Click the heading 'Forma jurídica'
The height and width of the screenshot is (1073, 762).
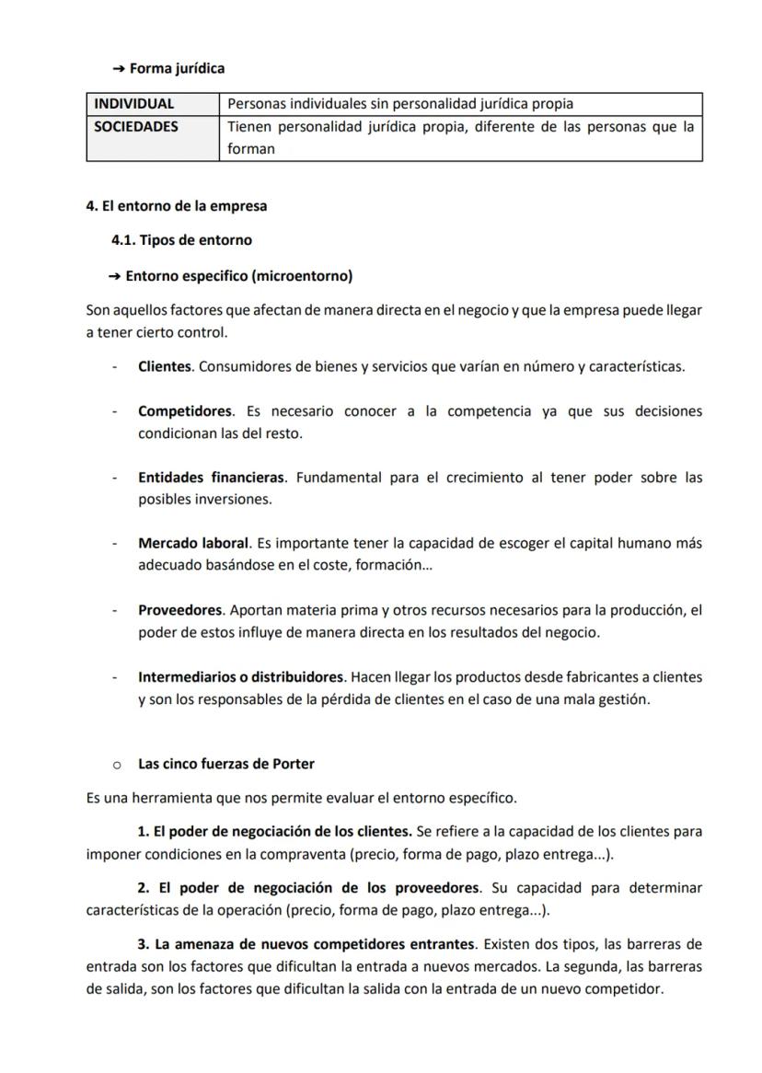coord(177,68)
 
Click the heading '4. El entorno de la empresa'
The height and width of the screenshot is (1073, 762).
coord(177,206)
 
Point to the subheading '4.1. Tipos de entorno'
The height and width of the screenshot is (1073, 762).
coord(181,240)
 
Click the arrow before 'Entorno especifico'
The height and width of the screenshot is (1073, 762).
coord(115,276)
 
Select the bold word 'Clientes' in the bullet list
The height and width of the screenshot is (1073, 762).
coord(165,366)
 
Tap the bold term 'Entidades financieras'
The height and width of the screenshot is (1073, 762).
coord(212,477)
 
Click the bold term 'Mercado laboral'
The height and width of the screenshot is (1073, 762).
coord(193,543)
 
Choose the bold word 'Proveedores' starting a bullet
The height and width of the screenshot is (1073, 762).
coord(180,610)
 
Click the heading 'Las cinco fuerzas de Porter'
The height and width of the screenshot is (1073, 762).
coord(226,764)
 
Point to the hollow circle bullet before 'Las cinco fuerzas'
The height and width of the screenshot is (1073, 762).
coord(117,765)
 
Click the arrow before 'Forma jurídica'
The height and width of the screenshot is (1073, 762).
coord(118,69)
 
